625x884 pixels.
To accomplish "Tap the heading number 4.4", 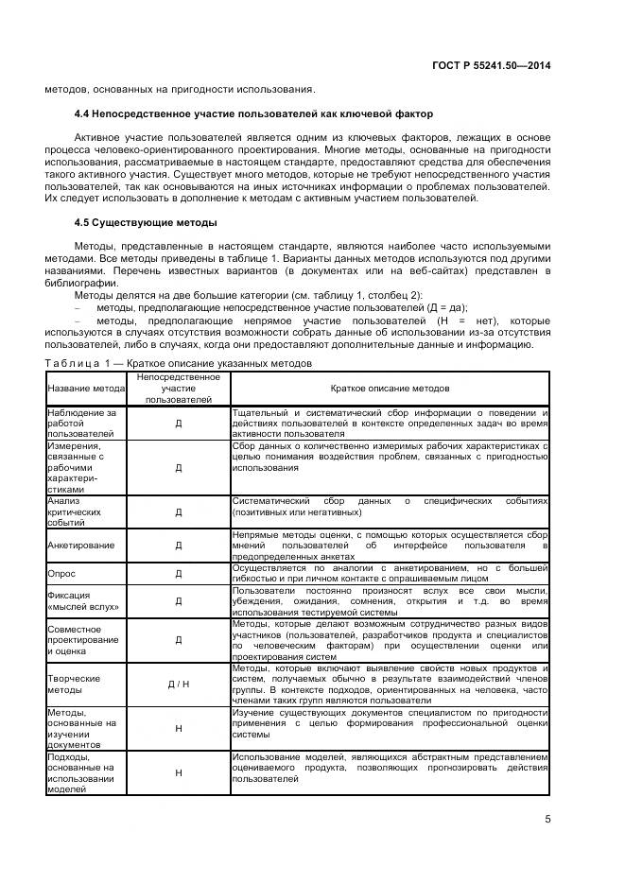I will point(83,114).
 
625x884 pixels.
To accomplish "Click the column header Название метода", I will point(86,389).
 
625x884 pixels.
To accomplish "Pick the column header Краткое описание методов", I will point(390,389).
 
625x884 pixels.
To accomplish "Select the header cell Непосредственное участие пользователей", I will point(179,389).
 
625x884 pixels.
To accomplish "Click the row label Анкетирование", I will point(81,546).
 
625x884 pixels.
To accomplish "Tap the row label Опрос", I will point(62,573).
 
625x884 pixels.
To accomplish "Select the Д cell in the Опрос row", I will point(179,573).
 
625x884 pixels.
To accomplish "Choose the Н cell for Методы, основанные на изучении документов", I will point(179,729).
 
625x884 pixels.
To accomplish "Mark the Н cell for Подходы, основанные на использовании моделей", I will point(179,773).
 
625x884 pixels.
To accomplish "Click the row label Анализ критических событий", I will point(77,511).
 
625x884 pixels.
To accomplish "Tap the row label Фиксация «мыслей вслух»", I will point(80,600).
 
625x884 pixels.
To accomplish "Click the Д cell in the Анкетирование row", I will point(179,546).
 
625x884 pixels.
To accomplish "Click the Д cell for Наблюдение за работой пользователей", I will point(179,424).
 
